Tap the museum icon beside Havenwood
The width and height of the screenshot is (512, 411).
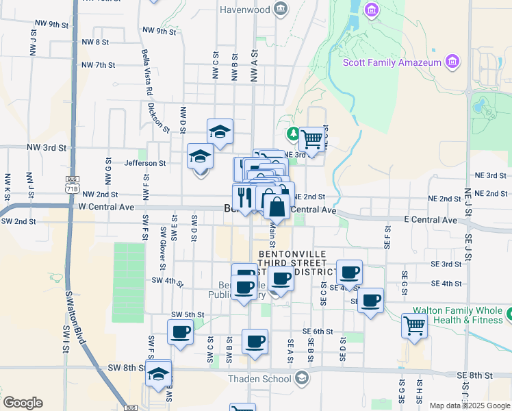click(x=281, y=9)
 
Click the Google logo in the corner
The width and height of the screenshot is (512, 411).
click(x=23, y=403)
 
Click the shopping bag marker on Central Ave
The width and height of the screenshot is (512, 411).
click(x=276, y=206)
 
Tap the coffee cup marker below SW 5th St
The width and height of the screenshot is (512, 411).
click(x=181, y=332)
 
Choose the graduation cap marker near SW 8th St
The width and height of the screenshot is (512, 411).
click(x=158, y=373)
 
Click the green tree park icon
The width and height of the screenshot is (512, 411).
click(x=293, y=132)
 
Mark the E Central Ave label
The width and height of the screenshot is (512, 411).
click(x=431, y=220)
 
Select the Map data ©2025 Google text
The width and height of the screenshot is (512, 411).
click(x=469, y=406)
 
